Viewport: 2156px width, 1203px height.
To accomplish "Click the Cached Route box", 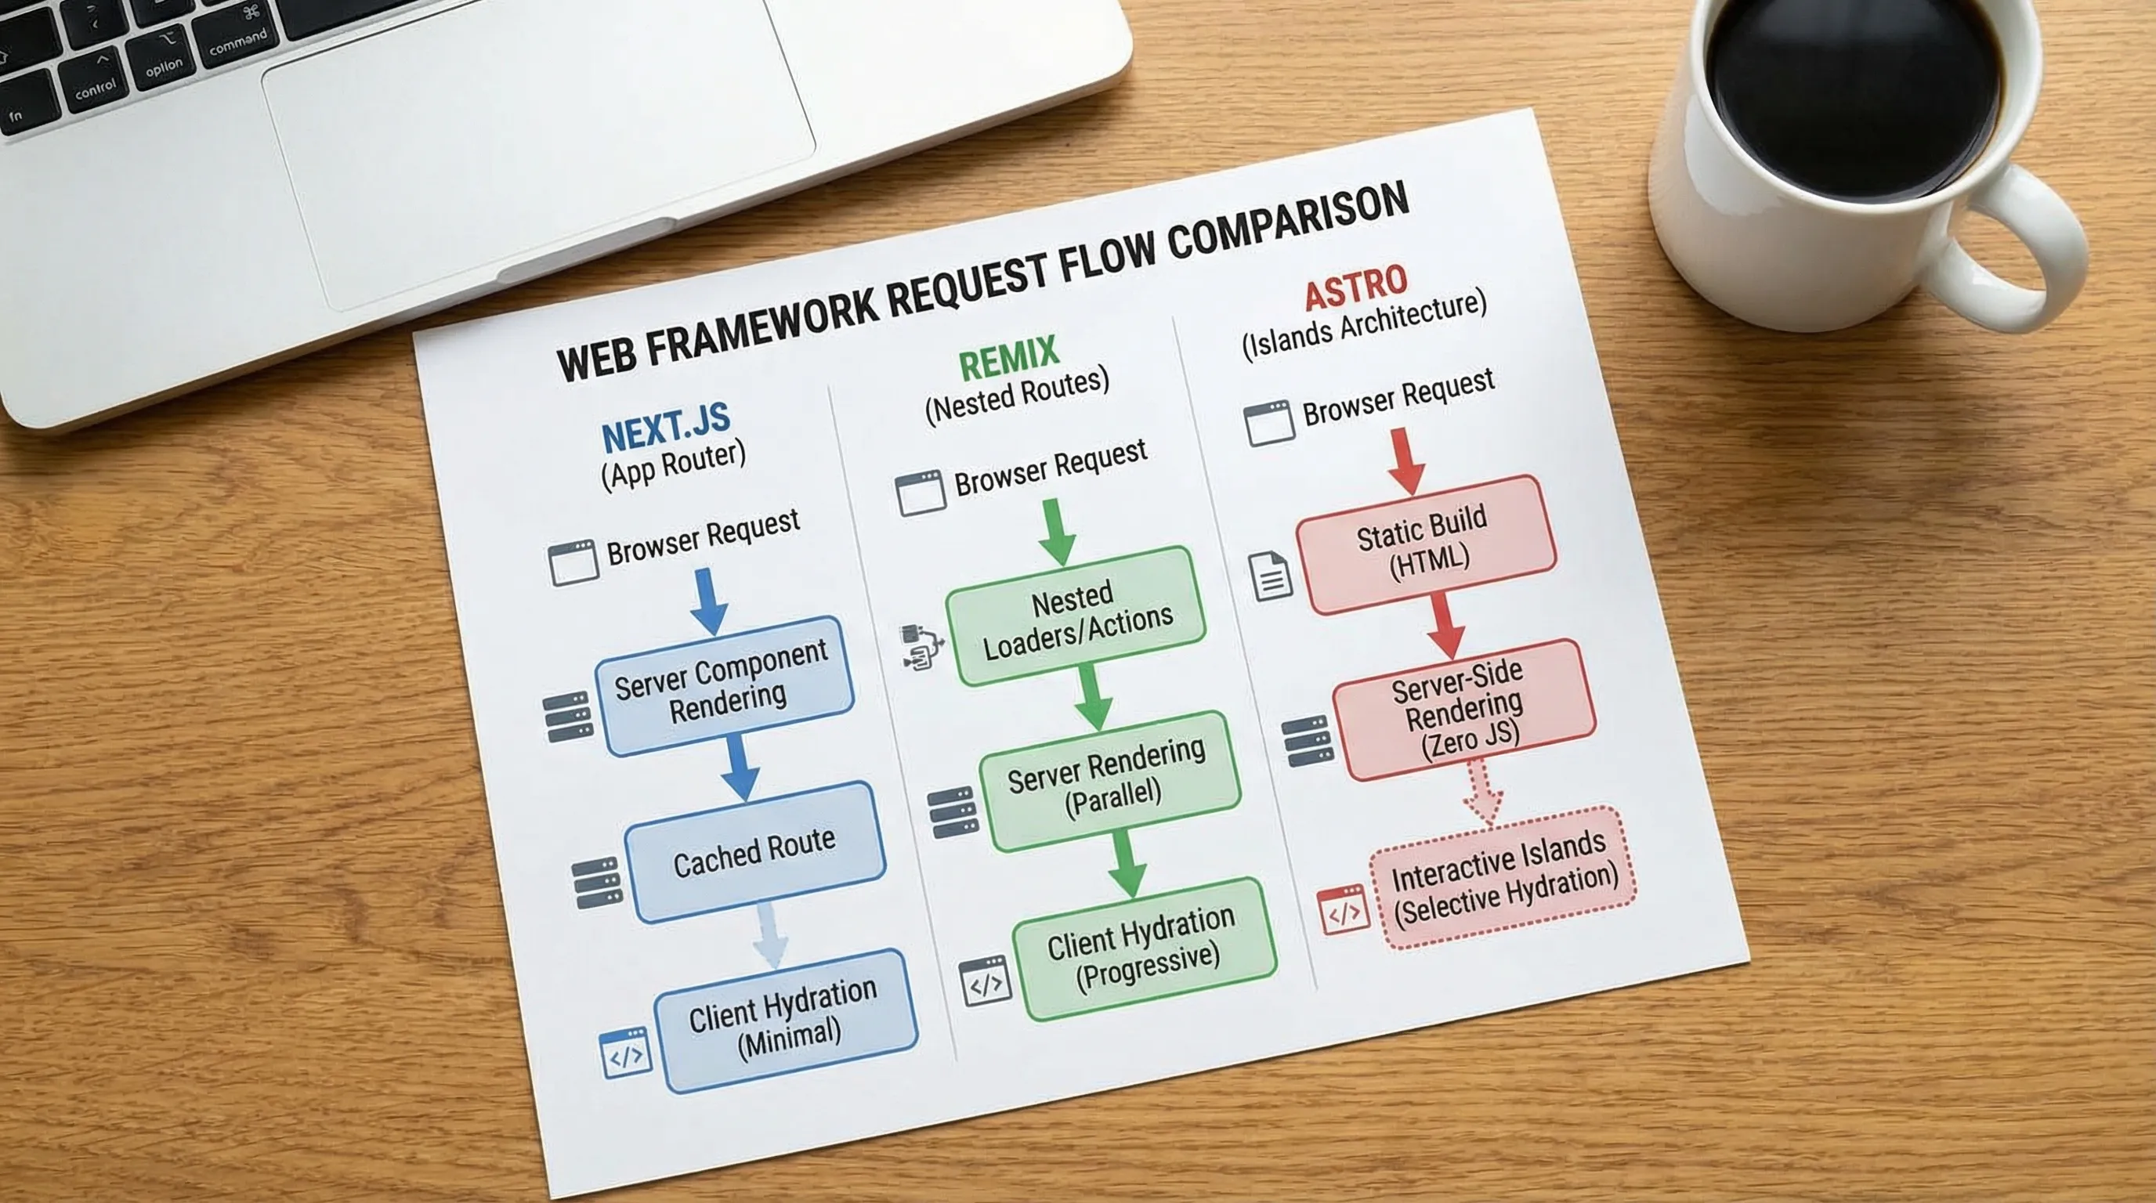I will (x=755, y=852).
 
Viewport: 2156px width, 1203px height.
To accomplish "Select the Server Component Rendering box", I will (x=724, y=685).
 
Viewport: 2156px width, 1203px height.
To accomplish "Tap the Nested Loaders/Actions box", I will (x=1076, y=616).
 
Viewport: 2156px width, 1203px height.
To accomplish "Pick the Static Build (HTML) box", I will (x=1425, y=544).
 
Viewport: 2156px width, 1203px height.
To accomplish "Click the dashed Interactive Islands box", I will (x=1503, y=877).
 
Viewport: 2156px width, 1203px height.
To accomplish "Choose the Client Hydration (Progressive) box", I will (x=1143, y=948).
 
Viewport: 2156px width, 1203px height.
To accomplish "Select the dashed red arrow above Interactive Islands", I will (x=1482, y=790).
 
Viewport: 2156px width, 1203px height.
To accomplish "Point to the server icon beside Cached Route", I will (x=597, y=883).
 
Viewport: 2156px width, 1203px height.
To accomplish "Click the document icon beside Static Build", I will (x=1271, y=576).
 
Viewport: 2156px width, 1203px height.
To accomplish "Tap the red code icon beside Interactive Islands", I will (x=1344, y=911).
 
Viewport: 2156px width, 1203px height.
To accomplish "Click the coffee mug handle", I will (x=2025, y=251).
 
